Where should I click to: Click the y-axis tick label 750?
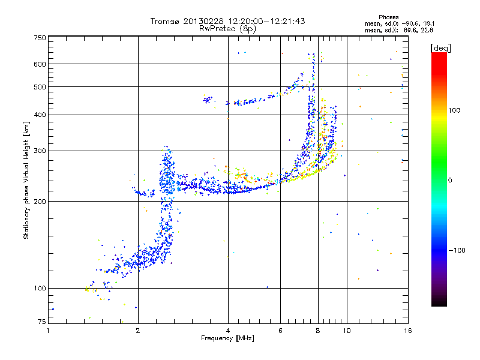click(40, 38)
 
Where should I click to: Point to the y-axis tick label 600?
click(40, 64)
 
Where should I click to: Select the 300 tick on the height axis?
click(40, 151)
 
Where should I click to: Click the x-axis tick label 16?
click(407, 331)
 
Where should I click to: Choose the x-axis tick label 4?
click(228, 331)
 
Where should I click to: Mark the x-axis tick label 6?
click(280, 331)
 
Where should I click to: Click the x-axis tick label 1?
click(49, 331)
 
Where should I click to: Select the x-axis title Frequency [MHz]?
click(228, 339)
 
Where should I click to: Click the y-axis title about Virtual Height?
click(26, 180)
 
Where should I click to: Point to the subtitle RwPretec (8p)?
click(227, 28)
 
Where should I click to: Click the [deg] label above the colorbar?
click(441, 47)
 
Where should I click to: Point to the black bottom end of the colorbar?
click(439, 303)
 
